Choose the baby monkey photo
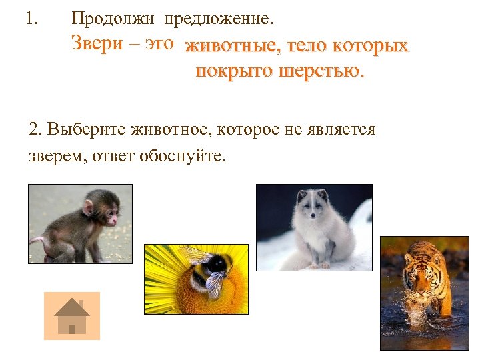coord(80,223)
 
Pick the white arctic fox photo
coord(314,227)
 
